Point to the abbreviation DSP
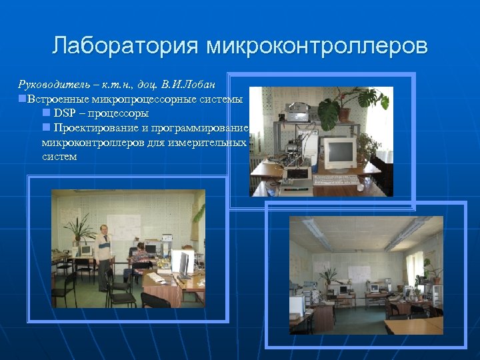(x=65, y=113)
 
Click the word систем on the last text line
(x=59, y=157)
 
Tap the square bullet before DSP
(x=46, y=113)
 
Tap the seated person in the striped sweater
(x=141, y=257)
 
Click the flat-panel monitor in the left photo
(x=179, y=263)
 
